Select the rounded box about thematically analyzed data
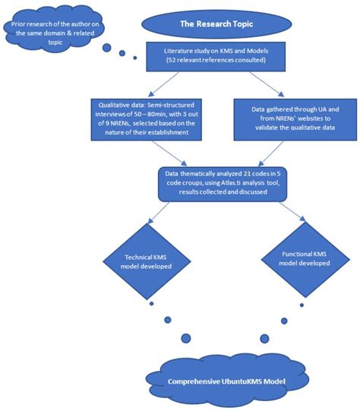click(216, 185)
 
